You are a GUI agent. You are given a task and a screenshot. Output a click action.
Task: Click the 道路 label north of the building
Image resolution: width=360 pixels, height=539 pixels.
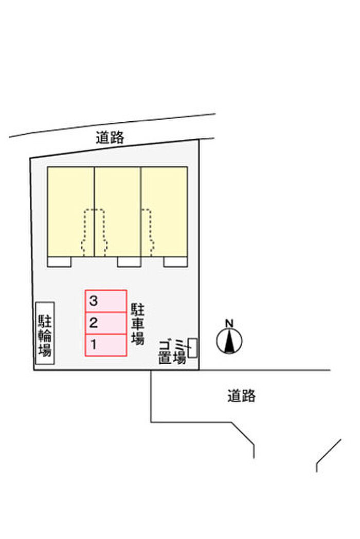pos(110,137)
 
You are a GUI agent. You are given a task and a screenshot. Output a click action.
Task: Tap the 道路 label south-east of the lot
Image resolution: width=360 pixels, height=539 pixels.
pos(241,396)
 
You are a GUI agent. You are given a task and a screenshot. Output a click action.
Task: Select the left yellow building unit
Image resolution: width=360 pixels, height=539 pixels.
pos(70,211)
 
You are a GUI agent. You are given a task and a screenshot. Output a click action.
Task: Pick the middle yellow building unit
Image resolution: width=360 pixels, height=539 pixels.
pos(117,211)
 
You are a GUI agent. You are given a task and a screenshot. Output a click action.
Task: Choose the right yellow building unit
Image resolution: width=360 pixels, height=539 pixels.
pos(164,211)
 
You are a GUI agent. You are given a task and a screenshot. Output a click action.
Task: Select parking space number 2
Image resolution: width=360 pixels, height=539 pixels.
pos(106,323)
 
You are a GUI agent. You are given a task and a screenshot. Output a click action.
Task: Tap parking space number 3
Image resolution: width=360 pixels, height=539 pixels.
pos(106,301)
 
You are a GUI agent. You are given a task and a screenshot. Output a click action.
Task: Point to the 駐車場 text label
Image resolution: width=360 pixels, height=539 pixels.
pos(137,324)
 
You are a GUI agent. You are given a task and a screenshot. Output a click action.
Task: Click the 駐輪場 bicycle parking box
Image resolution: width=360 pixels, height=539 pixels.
pos(45,333)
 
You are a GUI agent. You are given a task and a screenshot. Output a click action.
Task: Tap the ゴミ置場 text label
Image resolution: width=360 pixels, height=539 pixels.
pos(171,352)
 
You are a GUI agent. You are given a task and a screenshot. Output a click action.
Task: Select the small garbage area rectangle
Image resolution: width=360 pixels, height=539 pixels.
pos(193,347)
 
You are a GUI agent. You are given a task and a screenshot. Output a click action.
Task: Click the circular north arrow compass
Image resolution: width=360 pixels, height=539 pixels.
pos(229,341)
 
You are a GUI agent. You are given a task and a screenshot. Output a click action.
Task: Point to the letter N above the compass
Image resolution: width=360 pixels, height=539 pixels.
pos(229,323)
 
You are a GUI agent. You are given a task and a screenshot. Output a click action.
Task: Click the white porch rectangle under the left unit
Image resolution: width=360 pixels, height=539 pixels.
pos(59,262)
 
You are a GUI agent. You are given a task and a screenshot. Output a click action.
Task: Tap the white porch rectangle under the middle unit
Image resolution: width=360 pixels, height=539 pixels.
pos(129,262)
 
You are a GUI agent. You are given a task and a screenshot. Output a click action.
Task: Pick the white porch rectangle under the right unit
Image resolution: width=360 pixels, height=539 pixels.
pos(175,262)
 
